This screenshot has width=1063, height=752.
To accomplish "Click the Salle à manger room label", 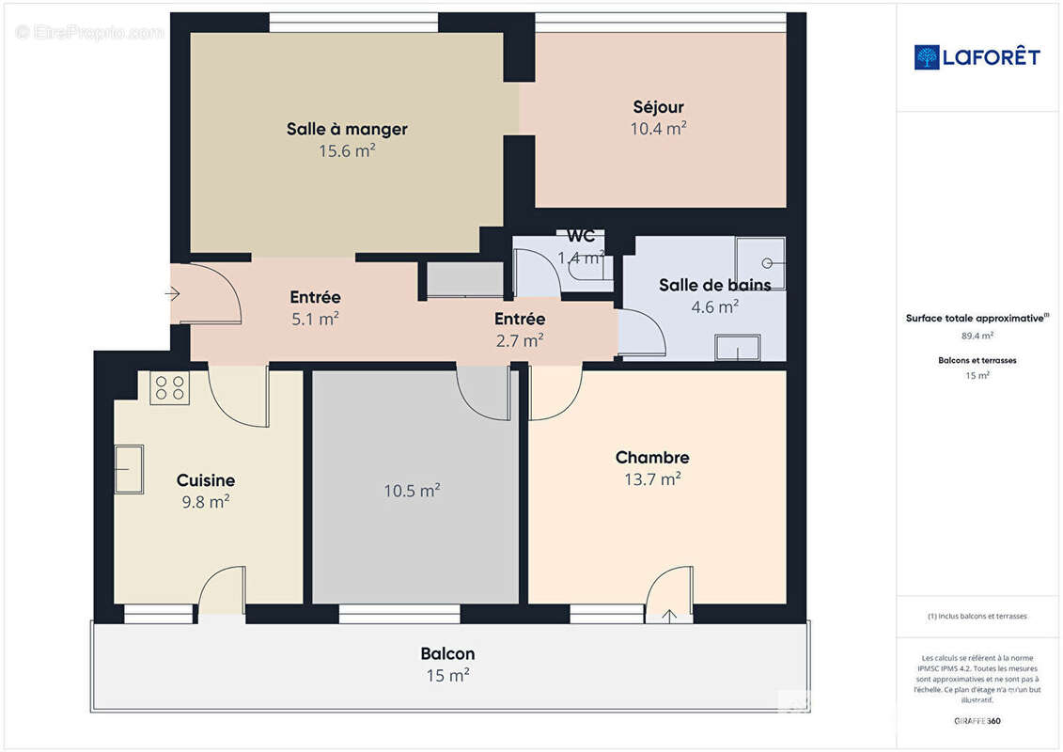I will pyautogui.click(x=347, y=130).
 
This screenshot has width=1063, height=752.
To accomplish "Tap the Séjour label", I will pyautogui.click(x=658, y=107).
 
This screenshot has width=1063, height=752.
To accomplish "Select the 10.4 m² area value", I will pyautogui.click(x=658, y=129).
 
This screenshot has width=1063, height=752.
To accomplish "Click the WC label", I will pyautogui.click(x=581, y=236).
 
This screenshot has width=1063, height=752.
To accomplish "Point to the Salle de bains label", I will pyautogui.click(x=714, y=285).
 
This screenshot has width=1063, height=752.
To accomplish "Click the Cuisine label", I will pyautogui.click(x=206, y=480).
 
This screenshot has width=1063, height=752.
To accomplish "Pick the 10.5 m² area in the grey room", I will pyautogui.click(x=412, y=491).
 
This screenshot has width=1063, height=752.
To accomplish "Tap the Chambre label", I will pyautogui.click(x=652, y=458).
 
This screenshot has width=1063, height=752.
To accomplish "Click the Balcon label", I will pyautogui.click(x=447, y=653).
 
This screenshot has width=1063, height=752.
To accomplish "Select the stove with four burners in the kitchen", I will pyautogui.click(x=170, y=388).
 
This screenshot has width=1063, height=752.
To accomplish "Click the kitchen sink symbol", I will pyautogui.click(x=129, y=469).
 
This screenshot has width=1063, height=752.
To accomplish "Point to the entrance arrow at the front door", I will pyautogui.click(x=172, y=294).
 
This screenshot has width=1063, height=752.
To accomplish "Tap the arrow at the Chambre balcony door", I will pyautogui.click(x=669, y=616).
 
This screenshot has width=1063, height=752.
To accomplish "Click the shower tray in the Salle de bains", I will pyautogui.click(x=760, y=261).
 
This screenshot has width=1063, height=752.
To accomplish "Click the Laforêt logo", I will pyautogui.click(x=977, y=57).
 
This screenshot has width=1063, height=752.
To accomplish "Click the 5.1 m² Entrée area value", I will pyautogui.click(x=315, y=319).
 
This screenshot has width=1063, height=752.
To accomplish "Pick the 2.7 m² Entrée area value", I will pyautogui.click(x=520, y=340).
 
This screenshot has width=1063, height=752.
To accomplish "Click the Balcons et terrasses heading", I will pyautogui.click(x=977, y=360).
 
